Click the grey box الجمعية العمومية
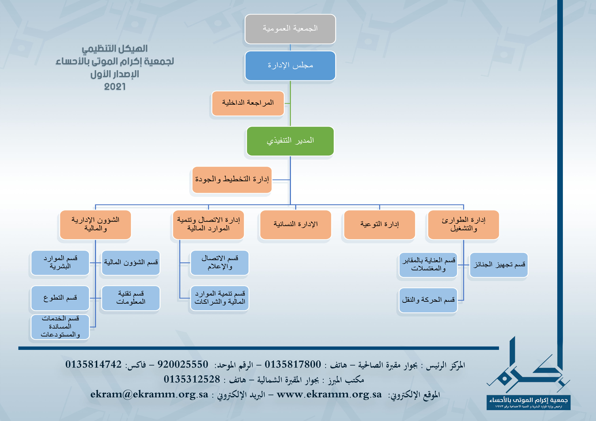click(x=290, y=29)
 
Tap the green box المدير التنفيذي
click(x=290, y=141)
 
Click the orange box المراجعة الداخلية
click(x=248, y=103)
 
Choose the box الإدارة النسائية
click(x=296, y=225)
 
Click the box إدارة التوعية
click(x=380, y=225)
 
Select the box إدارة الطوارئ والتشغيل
click(x=463, y=225)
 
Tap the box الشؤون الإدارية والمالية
click(x=95, y=225)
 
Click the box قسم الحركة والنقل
click(x=428, y=300)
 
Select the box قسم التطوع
click(x=60, y=298)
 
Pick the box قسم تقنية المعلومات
click(x=131, y=298)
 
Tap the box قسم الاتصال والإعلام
click(x=220, y=262)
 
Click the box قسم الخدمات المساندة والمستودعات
click(x=60, y=327)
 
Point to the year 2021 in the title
click(x=115, y=87)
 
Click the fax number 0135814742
click(x=93, y=364)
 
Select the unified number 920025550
click(x=183, y=364)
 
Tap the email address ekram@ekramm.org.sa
click(x=149, y=395)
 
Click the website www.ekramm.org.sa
click(x=329, y=395)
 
